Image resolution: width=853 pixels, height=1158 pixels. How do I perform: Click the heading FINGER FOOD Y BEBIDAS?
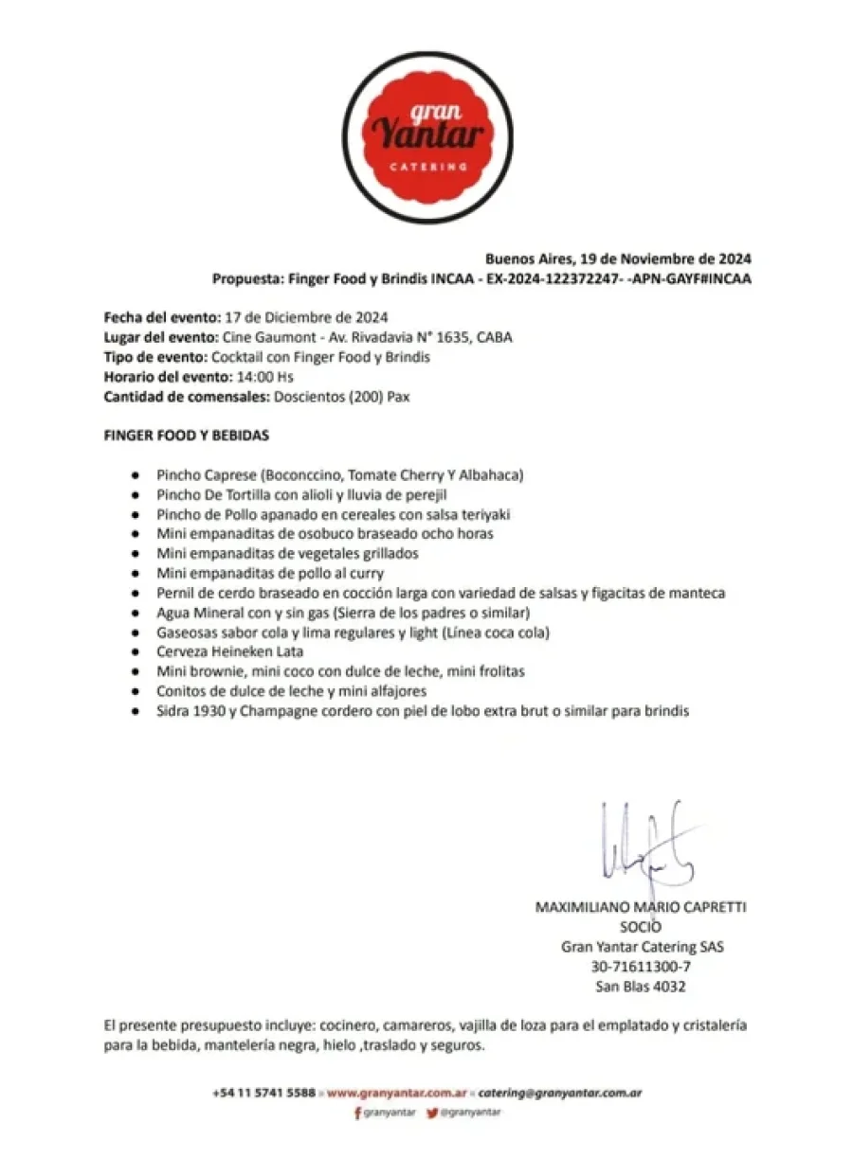(x=187, y=436)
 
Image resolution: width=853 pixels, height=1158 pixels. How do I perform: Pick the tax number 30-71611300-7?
(x=641, y=967)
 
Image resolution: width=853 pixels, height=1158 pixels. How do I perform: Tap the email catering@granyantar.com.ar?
(x=560, y=1093)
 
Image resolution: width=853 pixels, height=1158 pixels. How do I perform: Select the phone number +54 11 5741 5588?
(x=264, y=1093)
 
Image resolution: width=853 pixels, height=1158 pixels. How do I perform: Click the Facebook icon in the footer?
(x=357, y=1113)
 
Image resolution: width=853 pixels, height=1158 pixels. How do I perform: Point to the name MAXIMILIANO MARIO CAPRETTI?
(x=641, y=906)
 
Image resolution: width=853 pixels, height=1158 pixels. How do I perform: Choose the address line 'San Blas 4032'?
(x=641, y=987)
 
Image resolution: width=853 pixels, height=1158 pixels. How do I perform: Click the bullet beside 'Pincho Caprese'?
(x=136, y=474)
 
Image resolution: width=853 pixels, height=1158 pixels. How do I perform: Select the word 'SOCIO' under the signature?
(x=641, y=927)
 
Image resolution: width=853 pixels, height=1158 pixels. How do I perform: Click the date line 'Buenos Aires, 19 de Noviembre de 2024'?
(x=619, y=258)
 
